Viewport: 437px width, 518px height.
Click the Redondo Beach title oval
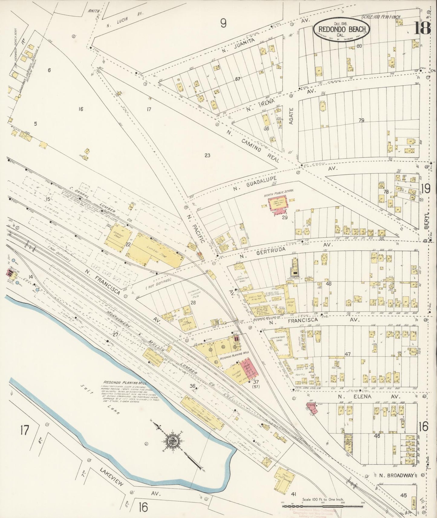[x=341, y=30]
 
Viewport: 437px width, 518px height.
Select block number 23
[x=207, y=156]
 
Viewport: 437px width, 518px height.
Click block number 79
[x=361, y=120]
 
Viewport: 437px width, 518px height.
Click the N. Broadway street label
[x=396, y=475]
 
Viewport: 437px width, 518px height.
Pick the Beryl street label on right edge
[x=427, y=224]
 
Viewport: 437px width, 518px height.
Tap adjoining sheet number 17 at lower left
[x=24, y=430]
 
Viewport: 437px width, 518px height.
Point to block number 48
[x=329, y=283]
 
